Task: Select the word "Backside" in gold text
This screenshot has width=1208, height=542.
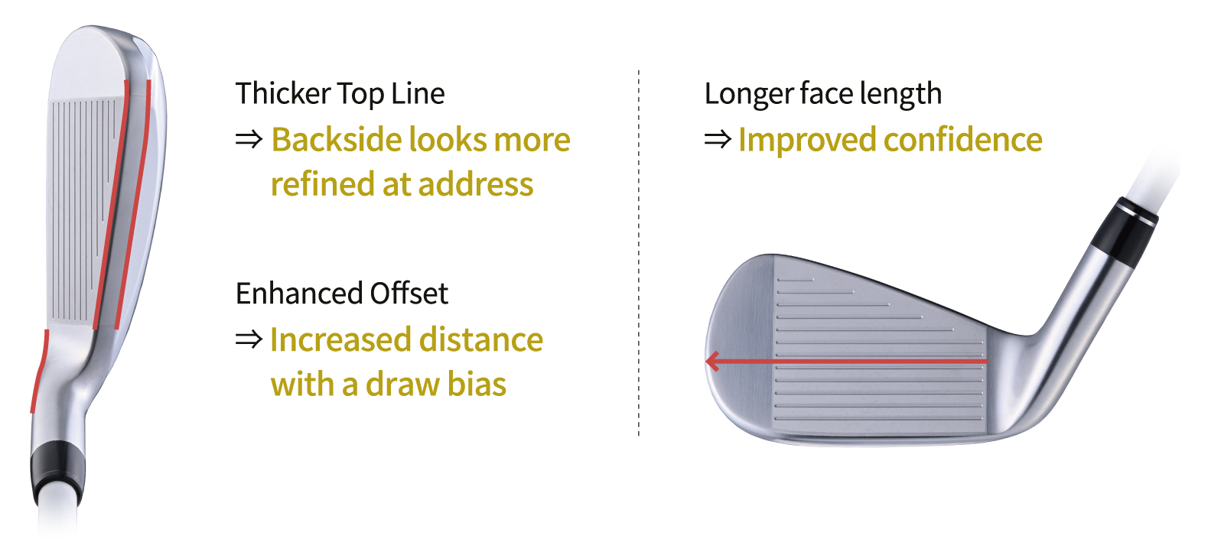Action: tap(337, 140)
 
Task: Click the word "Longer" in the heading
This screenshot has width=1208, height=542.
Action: tap(748, 94)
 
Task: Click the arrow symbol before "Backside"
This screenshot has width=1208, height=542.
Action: tap(249, 140)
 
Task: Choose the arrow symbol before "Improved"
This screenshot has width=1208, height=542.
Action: tap(718, 140)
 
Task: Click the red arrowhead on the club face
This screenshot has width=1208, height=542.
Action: tap(712, 361)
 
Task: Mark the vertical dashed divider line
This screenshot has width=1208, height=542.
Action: tap(639, 252)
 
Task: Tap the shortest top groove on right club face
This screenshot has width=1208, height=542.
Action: tap(796, 280)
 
